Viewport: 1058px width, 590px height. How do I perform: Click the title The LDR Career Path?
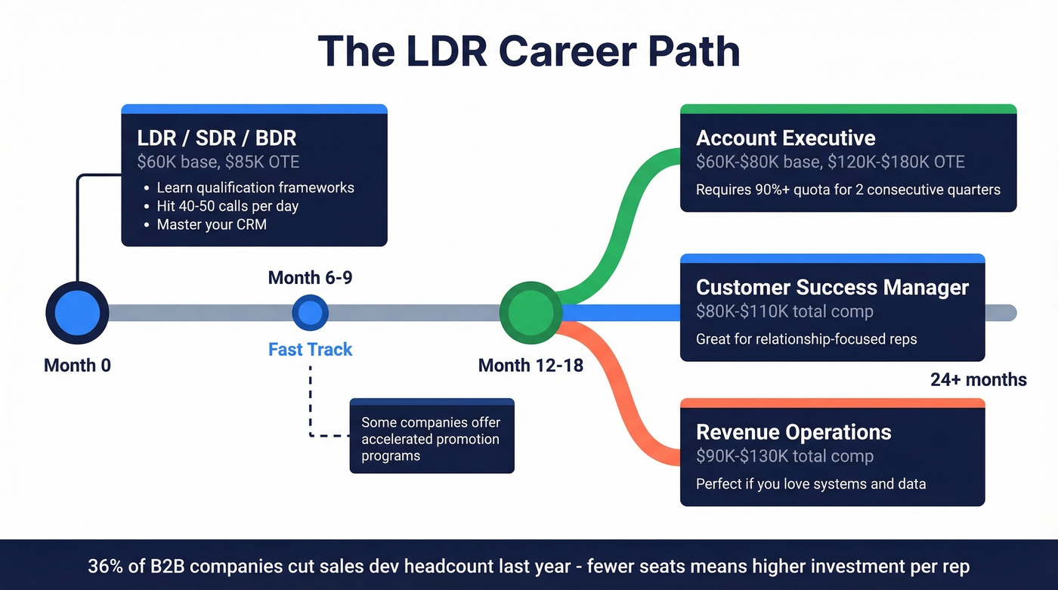[529, 51]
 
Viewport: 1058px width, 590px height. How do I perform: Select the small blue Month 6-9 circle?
[310, 312]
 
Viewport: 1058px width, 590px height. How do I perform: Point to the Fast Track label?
[310, 350]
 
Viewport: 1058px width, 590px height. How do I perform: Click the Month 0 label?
[77, 366]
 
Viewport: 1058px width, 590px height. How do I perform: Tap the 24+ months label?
[978, 380]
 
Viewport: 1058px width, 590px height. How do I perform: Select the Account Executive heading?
[785, 138]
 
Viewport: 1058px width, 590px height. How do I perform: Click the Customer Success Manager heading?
[832, 288]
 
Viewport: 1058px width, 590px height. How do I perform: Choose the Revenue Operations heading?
[793, 432]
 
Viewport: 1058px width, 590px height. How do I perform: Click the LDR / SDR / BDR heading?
[217, 138]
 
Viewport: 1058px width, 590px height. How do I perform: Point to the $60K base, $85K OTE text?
[218, 162]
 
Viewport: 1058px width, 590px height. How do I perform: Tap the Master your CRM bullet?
[212, 224]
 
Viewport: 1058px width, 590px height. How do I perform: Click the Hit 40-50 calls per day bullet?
[227, 206]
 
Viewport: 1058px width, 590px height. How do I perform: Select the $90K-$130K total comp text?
[784, 456]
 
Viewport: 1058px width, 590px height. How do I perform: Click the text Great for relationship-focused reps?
[806, 339]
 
